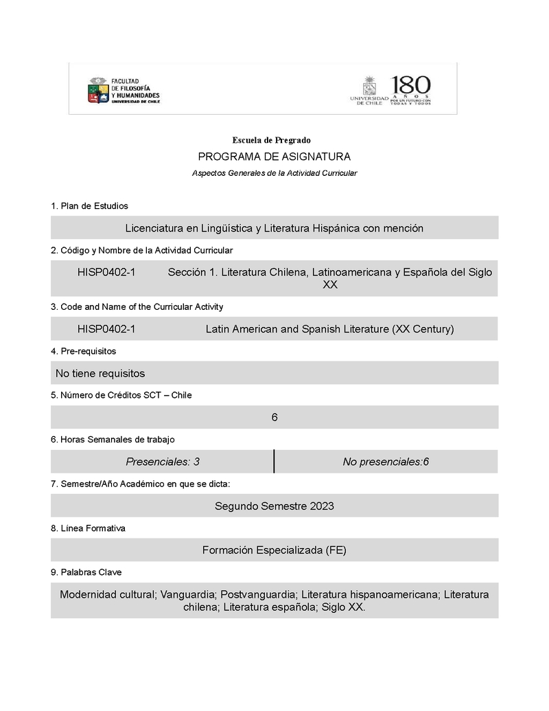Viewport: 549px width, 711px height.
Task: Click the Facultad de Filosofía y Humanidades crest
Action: pos(98,91)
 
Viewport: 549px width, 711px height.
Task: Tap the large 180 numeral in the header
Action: pos(411,86)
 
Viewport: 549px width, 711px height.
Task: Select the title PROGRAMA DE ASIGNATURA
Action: pos(274,157)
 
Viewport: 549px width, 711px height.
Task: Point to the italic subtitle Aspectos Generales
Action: pos(274,173)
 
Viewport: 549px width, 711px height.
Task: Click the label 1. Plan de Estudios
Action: pos(89,205)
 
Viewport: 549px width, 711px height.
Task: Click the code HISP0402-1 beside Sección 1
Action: pos(106,272)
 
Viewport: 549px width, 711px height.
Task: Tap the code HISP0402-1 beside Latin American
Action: pos(106,329)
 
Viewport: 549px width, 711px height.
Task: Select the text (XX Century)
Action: pos(423,329)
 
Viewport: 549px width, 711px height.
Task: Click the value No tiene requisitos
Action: pos(100,373)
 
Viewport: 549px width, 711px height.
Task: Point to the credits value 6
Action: pos(274,417)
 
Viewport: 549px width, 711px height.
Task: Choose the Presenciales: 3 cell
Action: pos(163,462)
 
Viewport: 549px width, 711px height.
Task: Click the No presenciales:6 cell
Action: pos(386,462)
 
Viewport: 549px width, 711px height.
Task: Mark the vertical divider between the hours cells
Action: pos(274,462)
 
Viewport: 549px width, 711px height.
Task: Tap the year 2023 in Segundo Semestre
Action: pos(322,506)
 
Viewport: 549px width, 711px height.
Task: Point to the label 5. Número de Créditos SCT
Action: pos(121,395)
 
